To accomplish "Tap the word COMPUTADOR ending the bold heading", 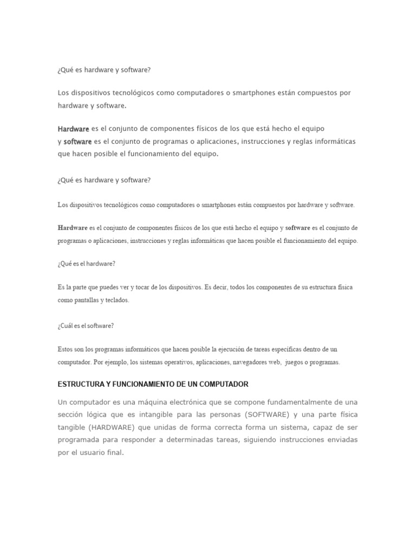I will [224, 384].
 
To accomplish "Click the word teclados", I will [118, 300].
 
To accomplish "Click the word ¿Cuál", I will [66, 326].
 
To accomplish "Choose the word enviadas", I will [340, 440].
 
